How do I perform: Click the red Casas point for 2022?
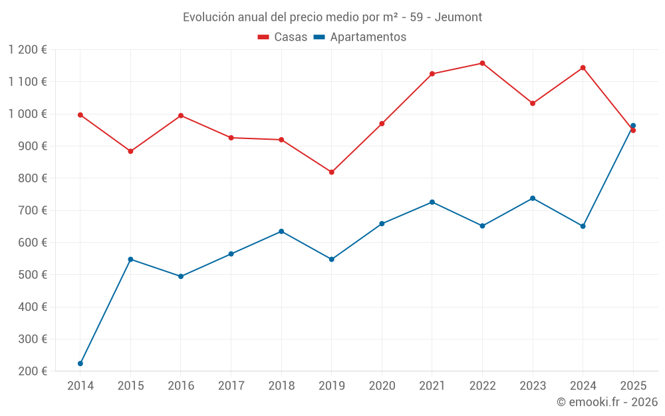coord(482,63)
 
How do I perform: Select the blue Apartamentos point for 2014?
coord(80,363)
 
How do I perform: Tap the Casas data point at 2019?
coord(332,172)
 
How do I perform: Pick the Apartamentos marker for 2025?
coord(633,126)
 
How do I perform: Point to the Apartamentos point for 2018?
coord(281,232)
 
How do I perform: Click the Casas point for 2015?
coord(130,152)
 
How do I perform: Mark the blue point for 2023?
coord(533,198)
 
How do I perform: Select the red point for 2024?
coord(583,68)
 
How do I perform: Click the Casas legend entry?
coord(283,37)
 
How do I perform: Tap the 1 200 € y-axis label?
coord(27,50)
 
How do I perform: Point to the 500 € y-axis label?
coord(33,275)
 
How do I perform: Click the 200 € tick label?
coord(33,371)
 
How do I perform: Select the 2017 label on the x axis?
coord(231,385)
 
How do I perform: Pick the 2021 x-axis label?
coord(432,385)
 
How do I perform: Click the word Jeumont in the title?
coord(459,17)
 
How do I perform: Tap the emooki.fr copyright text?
coord(607,402)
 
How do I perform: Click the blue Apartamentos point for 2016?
coord(181,276)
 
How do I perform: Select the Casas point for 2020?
coord(382,124)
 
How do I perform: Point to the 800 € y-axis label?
coord(33,178)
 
